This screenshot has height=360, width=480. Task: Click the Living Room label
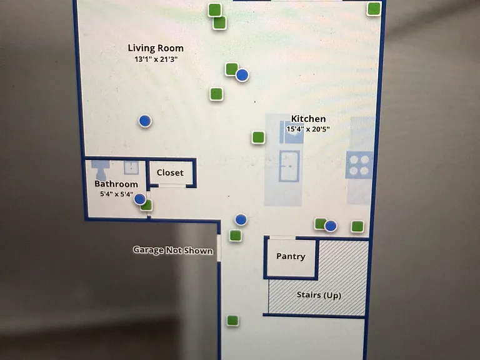pos(156,48)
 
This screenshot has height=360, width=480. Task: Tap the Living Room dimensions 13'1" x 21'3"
pos(156,59)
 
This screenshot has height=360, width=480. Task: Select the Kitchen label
pos(308,119)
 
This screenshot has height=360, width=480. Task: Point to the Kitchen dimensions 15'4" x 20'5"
pos(308,129)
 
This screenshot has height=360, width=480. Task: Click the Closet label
pos(170,172)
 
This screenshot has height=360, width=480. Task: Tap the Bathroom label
pos(116,184)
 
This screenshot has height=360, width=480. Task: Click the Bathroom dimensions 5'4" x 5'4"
pos(116,194)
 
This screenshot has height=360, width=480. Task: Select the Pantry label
pos(291,256)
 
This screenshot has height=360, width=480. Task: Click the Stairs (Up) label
pos(319,295)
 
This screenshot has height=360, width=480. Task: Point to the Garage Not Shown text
pos(173,250)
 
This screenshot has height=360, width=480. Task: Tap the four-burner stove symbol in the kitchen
pos(359,165)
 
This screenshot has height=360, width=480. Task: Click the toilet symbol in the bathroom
pos(101,170)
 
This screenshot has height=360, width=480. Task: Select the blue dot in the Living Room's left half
pos(145,121)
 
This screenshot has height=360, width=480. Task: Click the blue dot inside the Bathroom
pos(140,199)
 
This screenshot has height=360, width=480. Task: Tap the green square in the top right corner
pos(374,9)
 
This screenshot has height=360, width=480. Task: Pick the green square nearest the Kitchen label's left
pos(258,137)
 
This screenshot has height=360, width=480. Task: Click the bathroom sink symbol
pos(131,167)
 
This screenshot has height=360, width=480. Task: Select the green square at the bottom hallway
pos(232,321)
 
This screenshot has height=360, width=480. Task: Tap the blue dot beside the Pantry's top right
pos(330,226)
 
